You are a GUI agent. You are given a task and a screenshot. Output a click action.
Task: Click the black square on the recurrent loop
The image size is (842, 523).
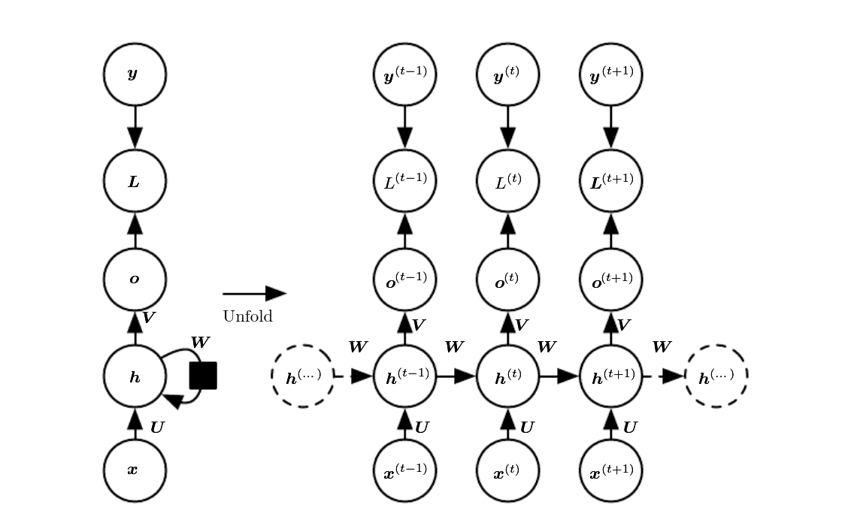tap(203, 376)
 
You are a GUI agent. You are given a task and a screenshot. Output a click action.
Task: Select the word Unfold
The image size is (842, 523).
tap(247, 316)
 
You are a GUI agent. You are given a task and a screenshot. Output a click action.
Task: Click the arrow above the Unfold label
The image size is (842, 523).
tap(254, 294)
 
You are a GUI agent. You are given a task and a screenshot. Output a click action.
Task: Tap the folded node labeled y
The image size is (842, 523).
tap(135, 74)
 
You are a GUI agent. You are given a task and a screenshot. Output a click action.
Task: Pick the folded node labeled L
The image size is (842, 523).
tap(135, 181)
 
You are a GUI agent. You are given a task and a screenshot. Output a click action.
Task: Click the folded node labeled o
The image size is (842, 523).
tap(135, 280)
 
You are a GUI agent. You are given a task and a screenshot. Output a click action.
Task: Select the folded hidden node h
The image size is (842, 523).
tap(135, 376)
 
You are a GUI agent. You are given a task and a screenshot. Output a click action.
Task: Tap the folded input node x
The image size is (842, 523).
tap(135, 470)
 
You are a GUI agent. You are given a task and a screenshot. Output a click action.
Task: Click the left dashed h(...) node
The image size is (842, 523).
tap(302, 376)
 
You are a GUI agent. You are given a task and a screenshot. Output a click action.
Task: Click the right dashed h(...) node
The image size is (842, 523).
tap(716, 376)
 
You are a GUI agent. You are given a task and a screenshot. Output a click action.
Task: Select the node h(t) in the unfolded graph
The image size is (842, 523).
tap(507, 376)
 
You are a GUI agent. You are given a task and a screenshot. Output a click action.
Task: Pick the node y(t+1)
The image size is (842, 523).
tap(610, 74)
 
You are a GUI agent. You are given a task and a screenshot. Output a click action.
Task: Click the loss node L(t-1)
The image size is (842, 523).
tap(404, 181)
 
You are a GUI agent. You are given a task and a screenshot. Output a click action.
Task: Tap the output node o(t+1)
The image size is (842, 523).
tap(610, 280)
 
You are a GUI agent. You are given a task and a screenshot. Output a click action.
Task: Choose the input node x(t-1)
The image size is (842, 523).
tap(404, 470)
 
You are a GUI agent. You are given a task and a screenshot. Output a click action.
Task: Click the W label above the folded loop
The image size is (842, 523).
tap(200, 343)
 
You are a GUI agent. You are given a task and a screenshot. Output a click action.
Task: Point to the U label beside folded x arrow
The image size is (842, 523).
tap(157, 428)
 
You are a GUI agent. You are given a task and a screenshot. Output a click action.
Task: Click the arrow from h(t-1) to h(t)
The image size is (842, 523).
tap(456, 376)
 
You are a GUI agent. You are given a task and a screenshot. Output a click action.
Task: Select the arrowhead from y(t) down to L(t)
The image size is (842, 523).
tap(507, 138)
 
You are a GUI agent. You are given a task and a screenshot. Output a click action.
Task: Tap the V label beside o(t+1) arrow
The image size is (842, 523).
tap(623, 325)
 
